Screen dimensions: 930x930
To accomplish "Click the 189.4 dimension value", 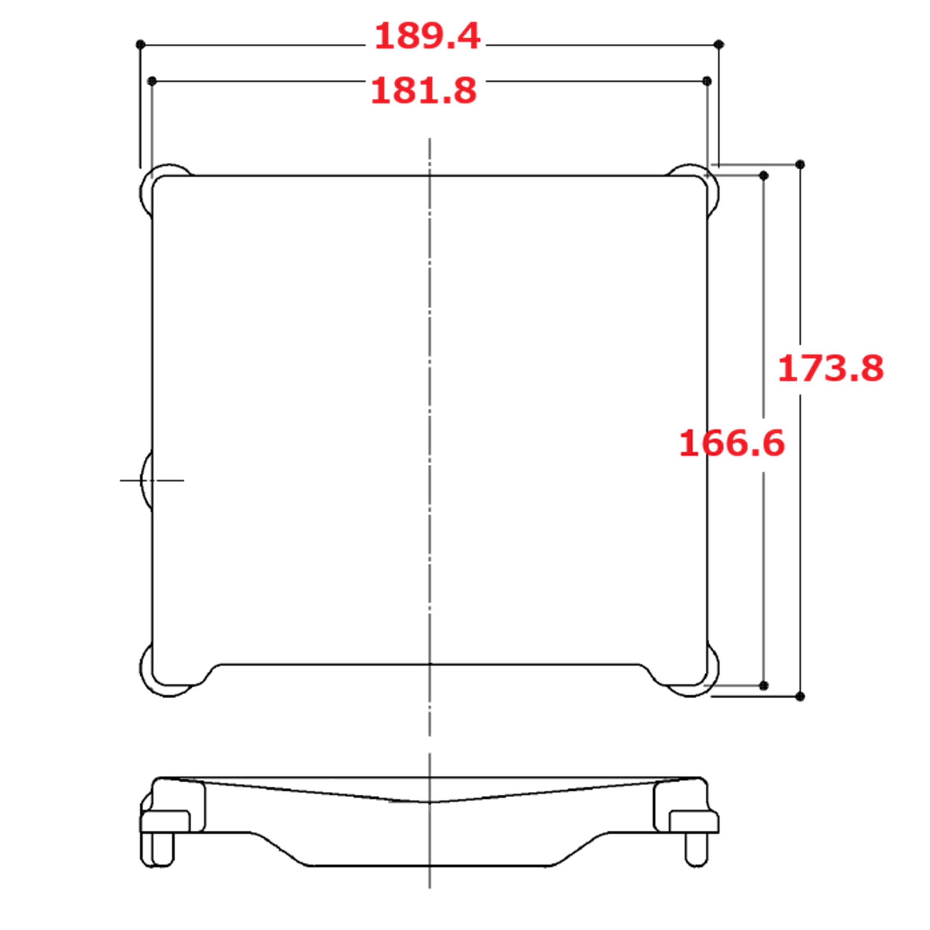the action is point(427,36).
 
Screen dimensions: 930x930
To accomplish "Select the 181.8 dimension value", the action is point(424,91).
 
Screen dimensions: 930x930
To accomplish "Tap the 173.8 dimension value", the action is point(831,369).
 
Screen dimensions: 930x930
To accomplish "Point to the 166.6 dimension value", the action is point(732,443).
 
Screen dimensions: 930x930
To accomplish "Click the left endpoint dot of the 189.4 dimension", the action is point(140,45).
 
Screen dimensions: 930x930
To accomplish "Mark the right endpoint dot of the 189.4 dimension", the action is point(719,45).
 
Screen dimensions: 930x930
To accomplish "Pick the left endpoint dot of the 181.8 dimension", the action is point(152,81).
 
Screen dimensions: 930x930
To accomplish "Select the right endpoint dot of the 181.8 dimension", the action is point(707,81).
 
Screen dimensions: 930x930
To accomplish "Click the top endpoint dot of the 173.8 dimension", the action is point(800,164).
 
